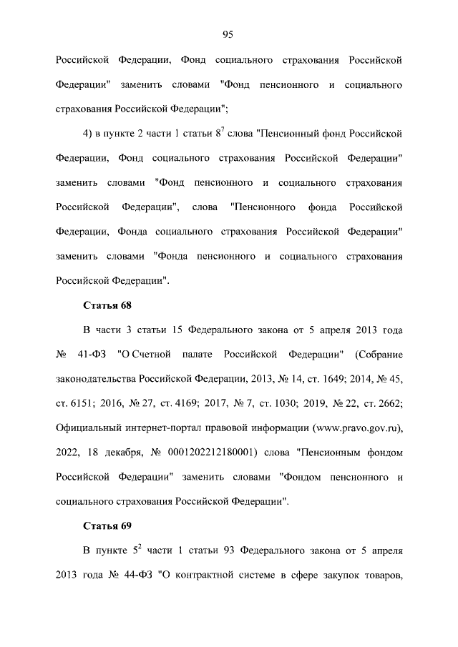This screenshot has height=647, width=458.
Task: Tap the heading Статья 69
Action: [x=107, y=526]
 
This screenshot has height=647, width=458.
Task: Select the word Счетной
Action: [x=151, y=355]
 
